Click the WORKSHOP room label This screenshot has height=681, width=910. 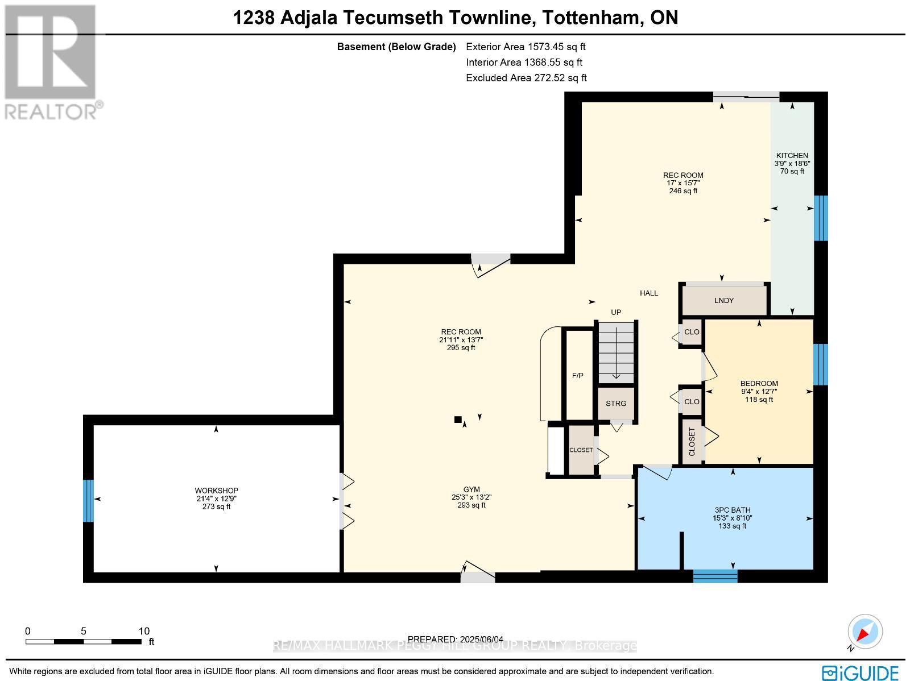click(216, 491)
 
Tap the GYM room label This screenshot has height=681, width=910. click(471, 489)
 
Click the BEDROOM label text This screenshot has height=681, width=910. click(759, 384)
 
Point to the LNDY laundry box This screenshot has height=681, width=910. click(724, 300)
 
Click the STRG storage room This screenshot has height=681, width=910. click(615, 404)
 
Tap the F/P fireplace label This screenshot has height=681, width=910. click(577, 376)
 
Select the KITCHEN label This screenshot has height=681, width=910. click(792, 155)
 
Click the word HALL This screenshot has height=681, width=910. click(648, 293)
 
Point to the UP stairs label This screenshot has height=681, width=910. click(616, 312)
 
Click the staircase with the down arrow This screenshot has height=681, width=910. click(615, 352)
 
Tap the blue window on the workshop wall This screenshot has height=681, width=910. click(88, 500)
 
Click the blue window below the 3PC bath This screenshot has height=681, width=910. click(715, 576)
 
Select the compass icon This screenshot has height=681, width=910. click(865, 632)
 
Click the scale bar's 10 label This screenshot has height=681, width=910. click(144, 631)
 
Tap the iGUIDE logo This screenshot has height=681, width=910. click(861, 672)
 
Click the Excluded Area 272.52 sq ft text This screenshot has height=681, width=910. click(526, 78)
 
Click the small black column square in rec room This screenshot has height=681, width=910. click(458, 420)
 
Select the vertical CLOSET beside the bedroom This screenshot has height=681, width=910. click(692, 442)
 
